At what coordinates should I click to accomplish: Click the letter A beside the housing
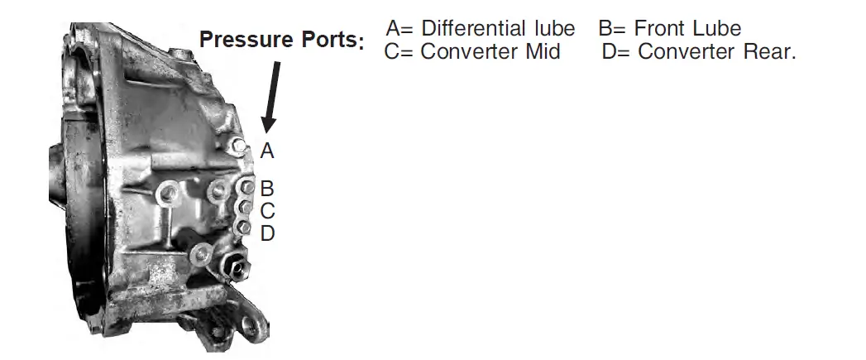coord(266,151)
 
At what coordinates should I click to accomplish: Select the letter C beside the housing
coord(266,211)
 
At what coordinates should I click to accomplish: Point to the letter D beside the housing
coord(266,233)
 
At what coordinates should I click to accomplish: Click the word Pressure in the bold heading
coord(246,40)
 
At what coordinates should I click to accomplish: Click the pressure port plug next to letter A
coord(240,147)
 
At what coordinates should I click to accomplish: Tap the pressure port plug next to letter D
coord(243,226)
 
